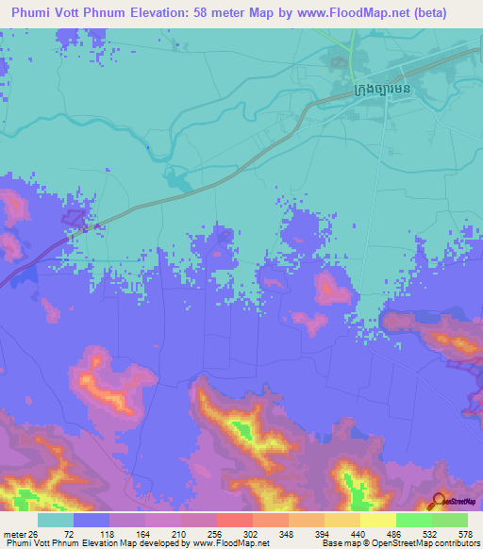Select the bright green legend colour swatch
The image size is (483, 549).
[413, 520]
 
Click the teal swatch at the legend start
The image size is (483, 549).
[56, 520]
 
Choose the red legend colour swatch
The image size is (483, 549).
[234, 520]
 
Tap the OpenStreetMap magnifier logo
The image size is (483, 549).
[439, 500]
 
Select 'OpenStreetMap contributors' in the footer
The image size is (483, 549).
[425, 543]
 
